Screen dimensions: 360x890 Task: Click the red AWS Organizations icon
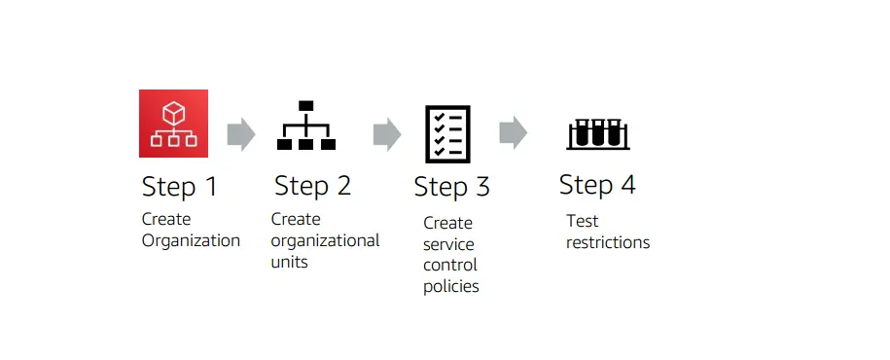(x=174, y=124)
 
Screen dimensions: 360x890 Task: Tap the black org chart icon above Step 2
(x=306, y=126)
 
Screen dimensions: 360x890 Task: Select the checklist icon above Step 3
(x=447, y=133)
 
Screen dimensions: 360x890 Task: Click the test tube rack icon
(x=597, y=133)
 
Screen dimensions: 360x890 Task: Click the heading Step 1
(x=180, y=187)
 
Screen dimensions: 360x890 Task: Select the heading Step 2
(x=312, y=185)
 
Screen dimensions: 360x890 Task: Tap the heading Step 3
(x=451, y=187)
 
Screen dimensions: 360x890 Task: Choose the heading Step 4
(x=597, y=185)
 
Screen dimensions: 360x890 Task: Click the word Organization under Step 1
(x=191, y=240)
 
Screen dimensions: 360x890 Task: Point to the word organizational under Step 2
(x=325, y=240)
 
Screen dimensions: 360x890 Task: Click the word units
(x=289, y=262)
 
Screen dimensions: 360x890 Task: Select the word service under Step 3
(x=448, y=244)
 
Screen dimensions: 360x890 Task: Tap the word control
(x=449, y=266)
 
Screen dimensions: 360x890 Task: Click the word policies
(x=451, y=287)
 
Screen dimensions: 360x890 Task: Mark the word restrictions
(x=608, y=242)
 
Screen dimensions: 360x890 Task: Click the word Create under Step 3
(x=447, y=223)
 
